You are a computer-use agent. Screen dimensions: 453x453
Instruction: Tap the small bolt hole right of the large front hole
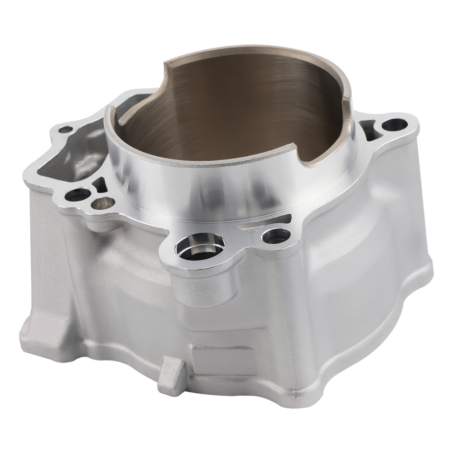tap(273, 235)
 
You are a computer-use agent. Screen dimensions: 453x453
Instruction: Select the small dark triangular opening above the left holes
tap(99, 183)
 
